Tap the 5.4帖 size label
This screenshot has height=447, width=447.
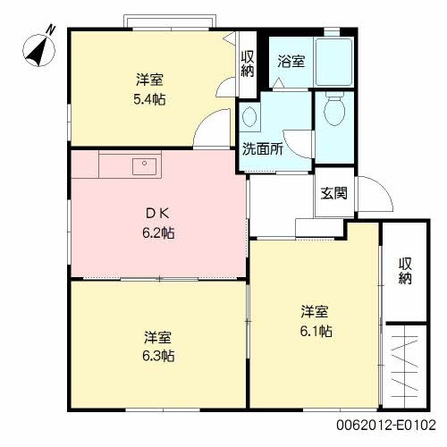click(x=148, y=98)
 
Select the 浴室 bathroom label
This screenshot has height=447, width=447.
click(x=291, y=62)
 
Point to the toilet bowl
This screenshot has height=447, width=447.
click(x=335, y=113)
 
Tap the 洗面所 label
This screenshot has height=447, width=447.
click(x=263, y=149)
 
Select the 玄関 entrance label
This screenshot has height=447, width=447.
click(x=334, y=193)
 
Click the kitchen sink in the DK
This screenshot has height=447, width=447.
click(x=142, y=165)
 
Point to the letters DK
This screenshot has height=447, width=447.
click(x=157, y=214)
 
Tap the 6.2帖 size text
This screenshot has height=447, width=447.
click(x=157, y=233)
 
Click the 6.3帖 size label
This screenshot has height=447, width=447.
click(x=158, y=356)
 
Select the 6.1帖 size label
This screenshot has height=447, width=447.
click(x=316, y=331)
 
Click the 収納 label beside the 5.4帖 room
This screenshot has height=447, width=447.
click(x=248, y=64)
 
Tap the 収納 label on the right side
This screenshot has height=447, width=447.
click(x=405, y=271)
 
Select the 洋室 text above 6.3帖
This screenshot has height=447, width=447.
click(x=158, y=337)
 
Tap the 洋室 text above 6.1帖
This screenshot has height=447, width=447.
click(x=315, y=312)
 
